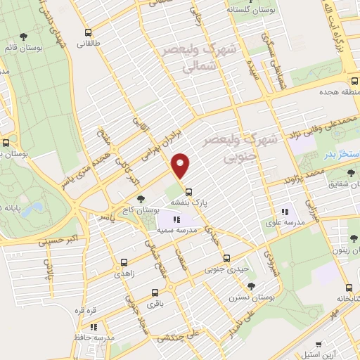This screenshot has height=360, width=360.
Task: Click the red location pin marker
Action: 181,165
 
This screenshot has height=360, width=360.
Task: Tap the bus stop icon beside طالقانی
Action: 88,32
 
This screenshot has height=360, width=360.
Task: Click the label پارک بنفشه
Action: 189,202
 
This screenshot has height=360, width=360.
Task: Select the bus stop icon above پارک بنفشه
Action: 188,191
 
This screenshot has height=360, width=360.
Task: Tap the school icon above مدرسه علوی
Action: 285,211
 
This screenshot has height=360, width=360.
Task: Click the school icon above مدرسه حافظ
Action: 94,326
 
